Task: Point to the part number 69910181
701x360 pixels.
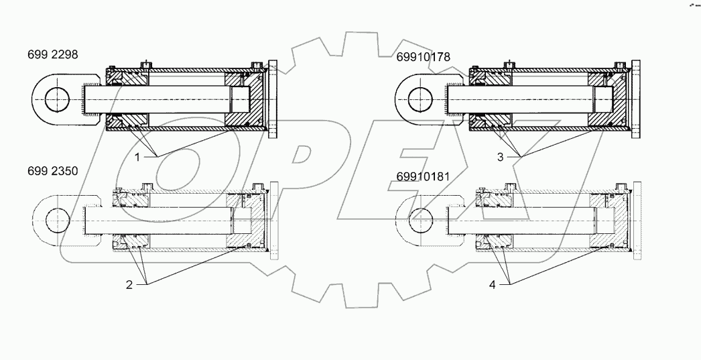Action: pos(423,178)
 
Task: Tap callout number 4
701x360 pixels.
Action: pos(493,284)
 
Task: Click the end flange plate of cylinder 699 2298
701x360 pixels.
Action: pos(273,101)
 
